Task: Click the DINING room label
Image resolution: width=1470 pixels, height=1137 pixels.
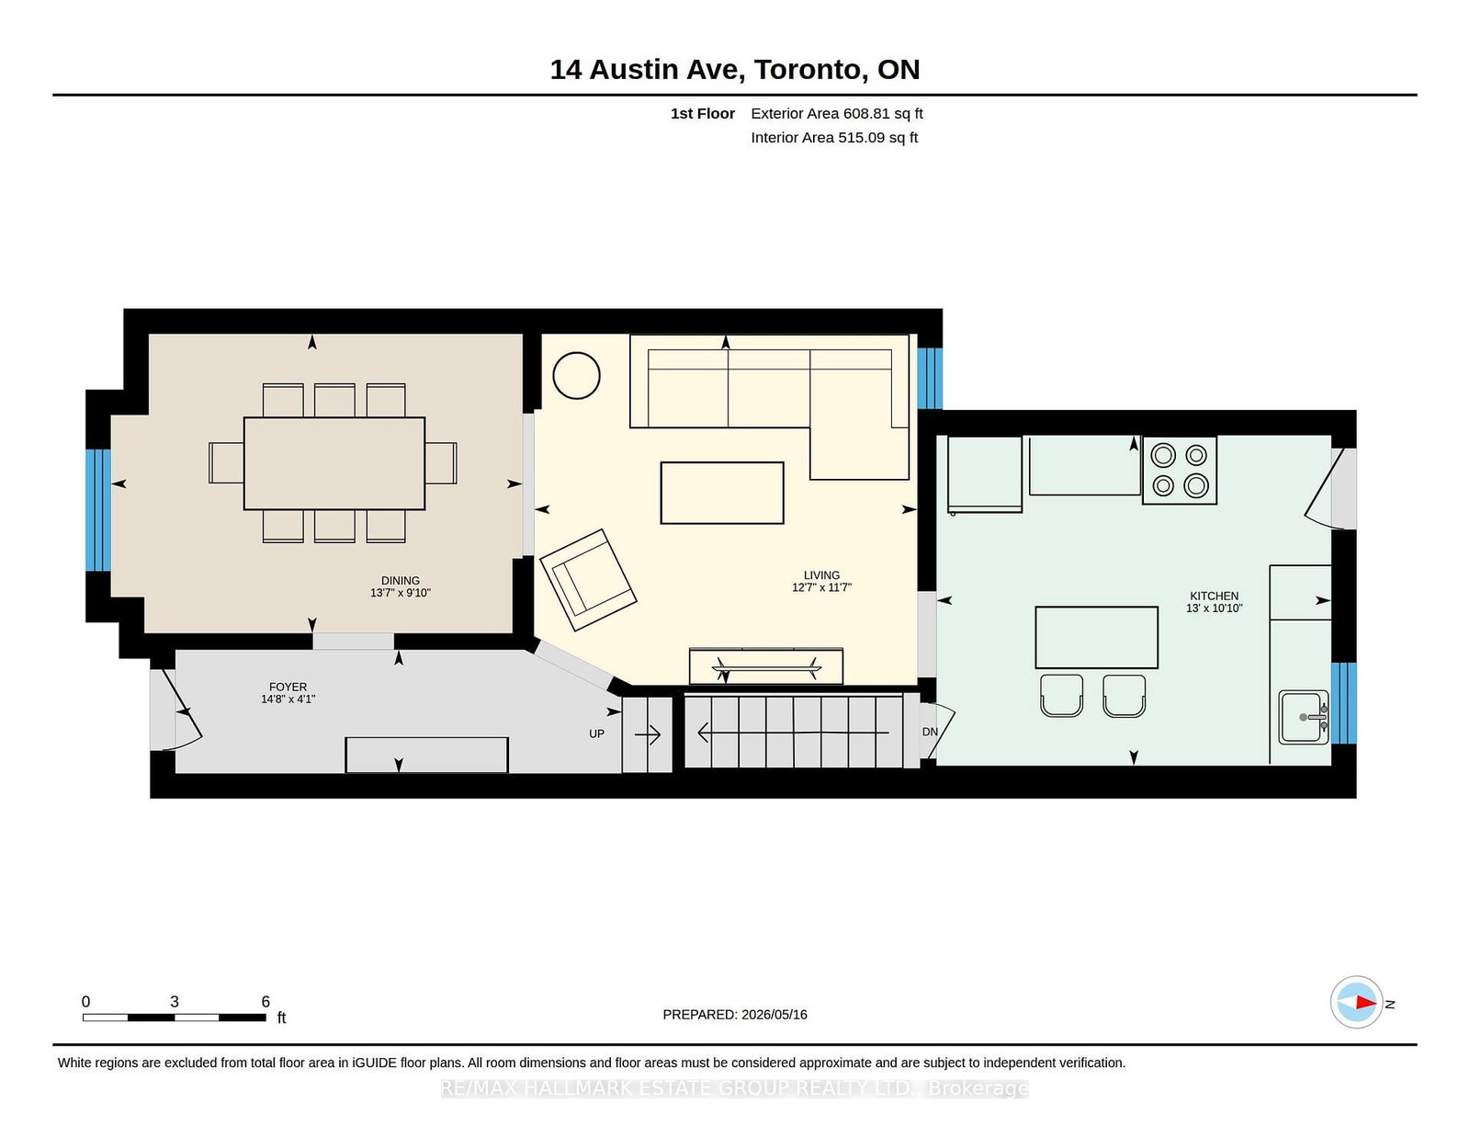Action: click(400, 580)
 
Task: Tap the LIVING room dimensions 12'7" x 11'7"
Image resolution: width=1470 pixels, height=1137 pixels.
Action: click(821, 587)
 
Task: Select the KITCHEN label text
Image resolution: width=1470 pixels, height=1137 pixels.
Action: click(1214, 596)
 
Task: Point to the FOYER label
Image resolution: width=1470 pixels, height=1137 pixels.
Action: click(288, 687)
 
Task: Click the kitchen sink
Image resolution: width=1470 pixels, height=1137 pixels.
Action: click(1303, 717)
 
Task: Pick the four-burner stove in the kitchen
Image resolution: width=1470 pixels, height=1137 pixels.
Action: click(1179, 470)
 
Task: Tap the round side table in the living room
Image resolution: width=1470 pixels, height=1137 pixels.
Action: click(576, 376)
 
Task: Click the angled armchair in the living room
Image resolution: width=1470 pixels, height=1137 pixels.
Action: click(587, 579)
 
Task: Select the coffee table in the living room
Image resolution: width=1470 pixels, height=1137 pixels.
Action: click(722, 493)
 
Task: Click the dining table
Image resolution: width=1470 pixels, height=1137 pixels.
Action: click(334, 463)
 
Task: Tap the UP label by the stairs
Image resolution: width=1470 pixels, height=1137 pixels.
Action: click(596, 733)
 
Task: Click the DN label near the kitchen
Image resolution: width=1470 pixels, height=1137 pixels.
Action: click(930, 732)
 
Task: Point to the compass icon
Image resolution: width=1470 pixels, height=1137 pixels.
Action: click(1356, 1002)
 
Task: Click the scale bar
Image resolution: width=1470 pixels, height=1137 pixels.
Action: click(174, 1018)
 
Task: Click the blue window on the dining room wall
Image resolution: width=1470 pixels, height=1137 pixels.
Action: click(98, 510)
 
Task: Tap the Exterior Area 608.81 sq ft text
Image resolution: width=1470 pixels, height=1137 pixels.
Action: click(836, 114)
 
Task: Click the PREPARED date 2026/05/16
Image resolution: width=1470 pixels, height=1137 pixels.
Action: click(774, 1015)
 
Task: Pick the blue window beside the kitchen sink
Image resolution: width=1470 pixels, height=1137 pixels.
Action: click(1343, 703)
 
